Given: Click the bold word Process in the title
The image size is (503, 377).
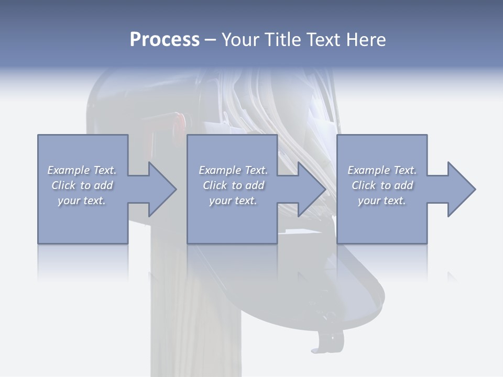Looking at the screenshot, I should (165, 40).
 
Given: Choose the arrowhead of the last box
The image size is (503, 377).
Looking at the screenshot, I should (461, 189).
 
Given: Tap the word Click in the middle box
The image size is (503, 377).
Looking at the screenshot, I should (215, 185).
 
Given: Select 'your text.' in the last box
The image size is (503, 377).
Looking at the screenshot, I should (381, 201).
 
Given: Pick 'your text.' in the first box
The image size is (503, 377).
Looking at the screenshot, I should (81, 201).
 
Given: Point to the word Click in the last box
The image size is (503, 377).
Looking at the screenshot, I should (364, 185).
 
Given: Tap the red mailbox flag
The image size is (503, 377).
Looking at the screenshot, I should (179, 121).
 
